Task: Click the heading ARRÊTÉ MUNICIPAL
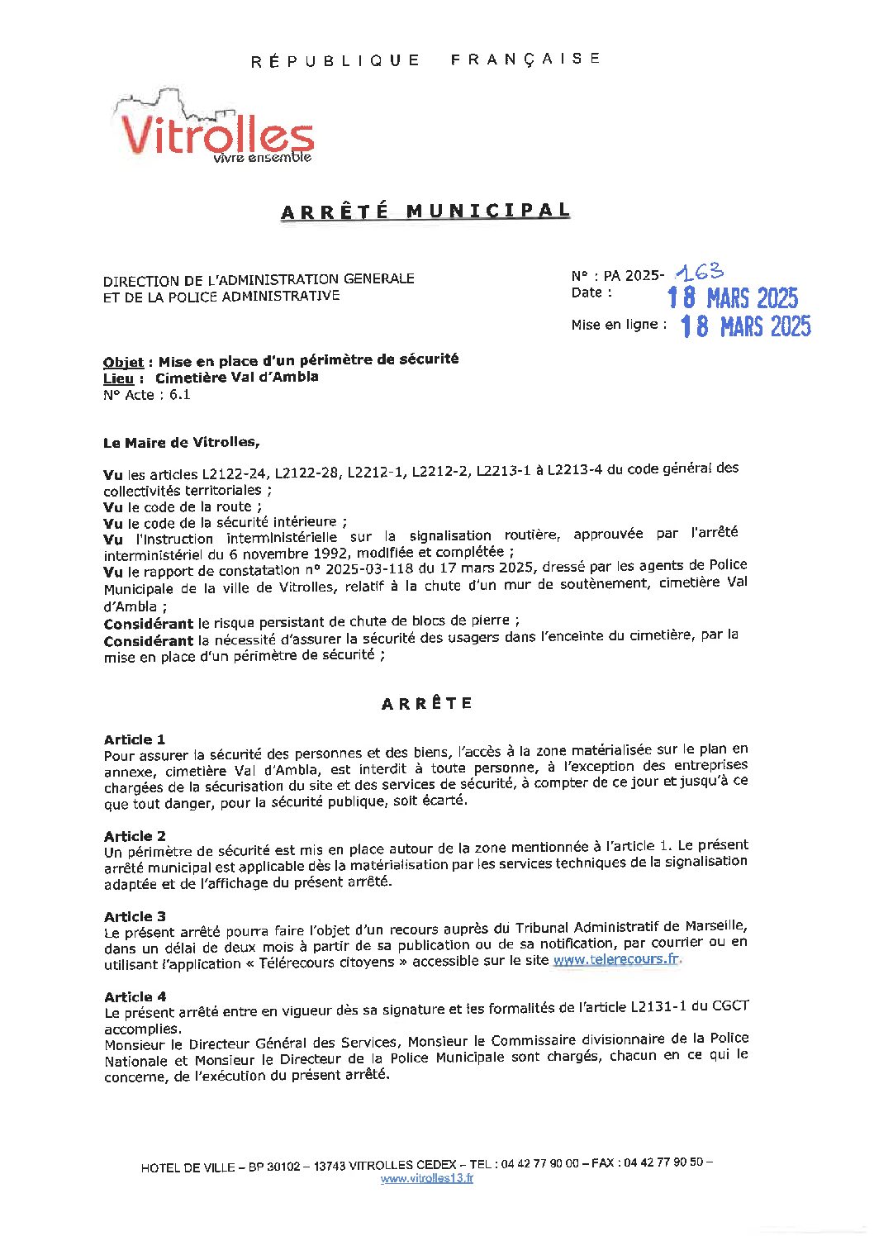[425, 212]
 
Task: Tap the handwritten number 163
[699, 272]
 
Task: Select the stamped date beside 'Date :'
[733, 297]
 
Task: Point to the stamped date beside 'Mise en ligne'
[745, 326]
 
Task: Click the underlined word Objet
[123, 362]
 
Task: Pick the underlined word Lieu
[118, 378]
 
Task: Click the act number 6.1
[180, 395]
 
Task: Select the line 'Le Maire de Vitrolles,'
[181, 443]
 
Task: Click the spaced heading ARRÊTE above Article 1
[426, 704]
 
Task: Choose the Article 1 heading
[135, 739]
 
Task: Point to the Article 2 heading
[135, 836]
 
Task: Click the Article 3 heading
[135, 916]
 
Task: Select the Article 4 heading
[135, 996]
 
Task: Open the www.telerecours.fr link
[616, 959]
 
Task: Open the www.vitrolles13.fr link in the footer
[426, 1178]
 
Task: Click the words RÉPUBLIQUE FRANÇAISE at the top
[425, 59]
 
